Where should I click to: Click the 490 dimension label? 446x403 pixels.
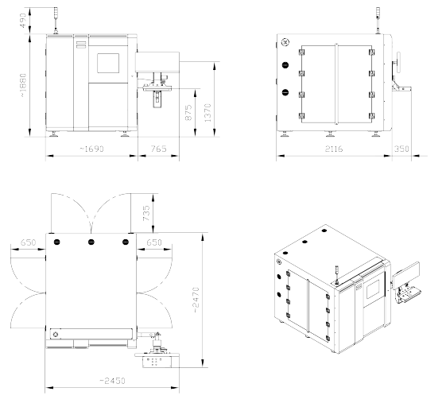point(23,21)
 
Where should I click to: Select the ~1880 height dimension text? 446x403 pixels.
point(23,85)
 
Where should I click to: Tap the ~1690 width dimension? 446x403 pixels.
point(91,149)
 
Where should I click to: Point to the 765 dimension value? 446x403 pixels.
point(158,149)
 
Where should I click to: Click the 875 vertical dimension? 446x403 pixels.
point(188,113)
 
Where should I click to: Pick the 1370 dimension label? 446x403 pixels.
point(208,113)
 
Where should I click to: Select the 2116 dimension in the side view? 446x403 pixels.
point(334,149)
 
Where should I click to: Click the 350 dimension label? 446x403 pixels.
point(401,149)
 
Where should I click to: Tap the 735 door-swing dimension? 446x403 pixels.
point(146,213)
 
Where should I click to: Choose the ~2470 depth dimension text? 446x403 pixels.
point(196,300)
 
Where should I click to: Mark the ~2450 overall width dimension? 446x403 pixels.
point(112,381)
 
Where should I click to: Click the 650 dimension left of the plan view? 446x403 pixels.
point(28,242)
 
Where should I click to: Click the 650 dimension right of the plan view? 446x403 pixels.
point(154,242)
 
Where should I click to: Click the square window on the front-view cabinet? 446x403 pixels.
point(108,63)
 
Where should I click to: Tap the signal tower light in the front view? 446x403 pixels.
point(56,21)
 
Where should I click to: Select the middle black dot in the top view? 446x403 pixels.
point(91,242)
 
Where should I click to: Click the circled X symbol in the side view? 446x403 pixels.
point(285,43)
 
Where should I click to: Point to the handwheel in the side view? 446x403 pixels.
point(398,62)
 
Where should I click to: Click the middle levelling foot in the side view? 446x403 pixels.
point(330,134)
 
